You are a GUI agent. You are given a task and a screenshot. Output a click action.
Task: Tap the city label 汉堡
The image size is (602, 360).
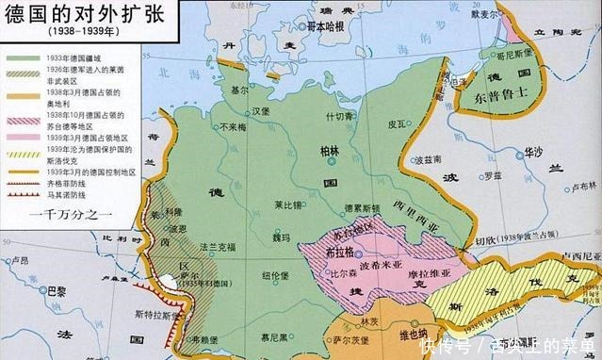(x=249, y=109)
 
